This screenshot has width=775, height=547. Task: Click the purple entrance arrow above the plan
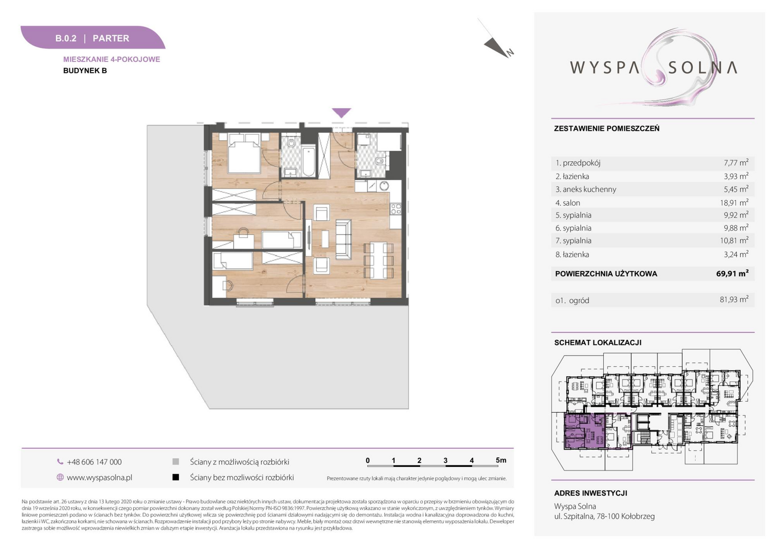342,112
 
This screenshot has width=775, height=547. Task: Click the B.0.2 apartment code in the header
66,38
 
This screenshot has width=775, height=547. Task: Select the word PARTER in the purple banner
110,38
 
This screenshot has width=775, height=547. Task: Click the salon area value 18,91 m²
734,202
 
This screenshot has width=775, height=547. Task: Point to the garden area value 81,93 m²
734,299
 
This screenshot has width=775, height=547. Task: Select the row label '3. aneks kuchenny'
586,189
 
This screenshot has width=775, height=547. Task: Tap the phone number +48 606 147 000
94,461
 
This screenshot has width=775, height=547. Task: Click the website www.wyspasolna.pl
99,478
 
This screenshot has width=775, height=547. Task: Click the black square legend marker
176,478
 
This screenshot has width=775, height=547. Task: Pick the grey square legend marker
176,461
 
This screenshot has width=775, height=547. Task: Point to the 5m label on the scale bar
501,460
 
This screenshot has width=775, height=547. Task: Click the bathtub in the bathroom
308,162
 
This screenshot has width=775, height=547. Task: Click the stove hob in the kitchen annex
396,209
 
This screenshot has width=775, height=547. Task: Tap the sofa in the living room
344,239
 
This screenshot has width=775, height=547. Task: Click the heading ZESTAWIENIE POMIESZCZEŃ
607,129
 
